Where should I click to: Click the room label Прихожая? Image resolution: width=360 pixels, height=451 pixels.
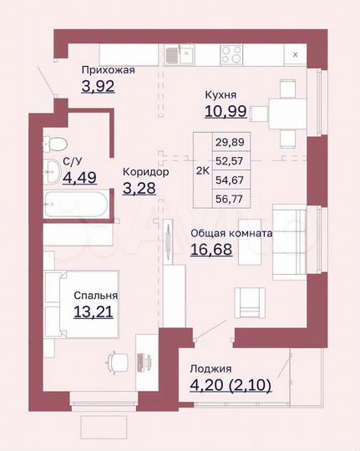[108, 70]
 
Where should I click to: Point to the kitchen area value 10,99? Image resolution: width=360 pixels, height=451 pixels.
[226, 111]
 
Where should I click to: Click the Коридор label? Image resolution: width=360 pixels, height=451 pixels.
[145, 171]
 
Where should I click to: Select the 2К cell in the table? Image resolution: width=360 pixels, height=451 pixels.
[201, 170]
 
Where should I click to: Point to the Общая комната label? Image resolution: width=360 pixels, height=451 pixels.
[231, 234]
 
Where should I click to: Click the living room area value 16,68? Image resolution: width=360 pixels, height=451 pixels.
[213, 250]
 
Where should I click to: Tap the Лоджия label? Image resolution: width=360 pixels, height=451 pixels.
[209, 368]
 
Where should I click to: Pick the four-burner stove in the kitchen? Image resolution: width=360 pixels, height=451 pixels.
[231, 54]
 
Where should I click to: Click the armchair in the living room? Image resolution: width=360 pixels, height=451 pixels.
[250, 301]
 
